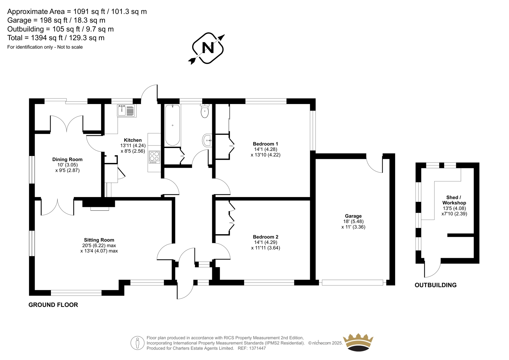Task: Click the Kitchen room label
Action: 133,140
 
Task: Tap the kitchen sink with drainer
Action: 127,110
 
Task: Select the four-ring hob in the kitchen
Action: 154,157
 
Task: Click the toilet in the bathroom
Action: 205,111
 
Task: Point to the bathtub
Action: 172,125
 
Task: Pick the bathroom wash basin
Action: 207,140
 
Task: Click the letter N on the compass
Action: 208,48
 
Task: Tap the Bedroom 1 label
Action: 265,144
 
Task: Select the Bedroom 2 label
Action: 265,237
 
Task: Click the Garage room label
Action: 353,216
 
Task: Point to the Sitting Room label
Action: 99,240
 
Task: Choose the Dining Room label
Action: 67,159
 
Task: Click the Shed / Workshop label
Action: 454,200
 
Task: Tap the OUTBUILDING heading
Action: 436,285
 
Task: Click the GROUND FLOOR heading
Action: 53,305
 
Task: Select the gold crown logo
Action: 358,342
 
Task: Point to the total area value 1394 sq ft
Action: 47,38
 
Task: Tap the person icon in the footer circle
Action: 137,343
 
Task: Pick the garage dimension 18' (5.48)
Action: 353,221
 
